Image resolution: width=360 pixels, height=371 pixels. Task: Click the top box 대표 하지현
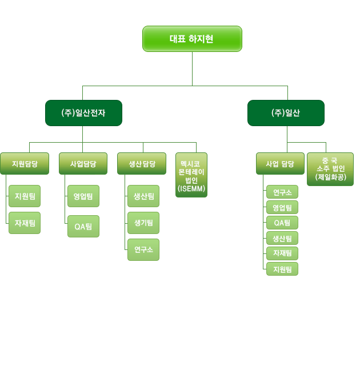tap(192, 39)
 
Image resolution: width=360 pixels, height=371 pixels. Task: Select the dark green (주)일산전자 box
tap(83, 113)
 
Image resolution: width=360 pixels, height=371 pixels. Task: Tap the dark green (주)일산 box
tap(286, 113)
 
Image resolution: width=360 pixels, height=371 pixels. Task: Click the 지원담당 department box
tap(25, 164)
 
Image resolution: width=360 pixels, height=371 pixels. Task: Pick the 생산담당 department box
tap(143, 164)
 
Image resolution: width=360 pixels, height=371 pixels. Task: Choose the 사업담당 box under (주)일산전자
tap(83, 164)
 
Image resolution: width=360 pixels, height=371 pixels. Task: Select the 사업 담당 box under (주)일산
tap(280, 164)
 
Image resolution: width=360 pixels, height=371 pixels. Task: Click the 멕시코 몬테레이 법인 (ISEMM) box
tap(191, 175)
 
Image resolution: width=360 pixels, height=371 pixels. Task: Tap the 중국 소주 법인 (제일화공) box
tap(330, 169)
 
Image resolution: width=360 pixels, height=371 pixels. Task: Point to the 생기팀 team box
tap(143, 223)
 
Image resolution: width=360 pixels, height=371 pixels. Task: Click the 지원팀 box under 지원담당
tap(25, 196)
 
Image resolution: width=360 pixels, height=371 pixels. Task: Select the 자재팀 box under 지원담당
tap(25, 223)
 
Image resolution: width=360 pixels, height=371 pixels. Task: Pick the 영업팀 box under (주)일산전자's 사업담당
tap(83, 196)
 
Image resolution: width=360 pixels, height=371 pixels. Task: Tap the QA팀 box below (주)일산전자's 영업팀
tap(83, 226)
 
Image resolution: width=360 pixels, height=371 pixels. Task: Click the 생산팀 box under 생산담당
tap(143, 196)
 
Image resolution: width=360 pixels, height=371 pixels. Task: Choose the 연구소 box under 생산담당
tap(143, 249)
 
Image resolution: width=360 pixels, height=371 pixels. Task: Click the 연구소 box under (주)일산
tap(282, 192)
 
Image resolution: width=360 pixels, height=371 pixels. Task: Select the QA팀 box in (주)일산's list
tap(282, 223)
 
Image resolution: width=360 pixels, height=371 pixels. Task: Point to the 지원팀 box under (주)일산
tap(282, 269)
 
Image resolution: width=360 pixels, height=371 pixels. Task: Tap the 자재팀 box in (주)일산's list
tap(282, 253)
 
